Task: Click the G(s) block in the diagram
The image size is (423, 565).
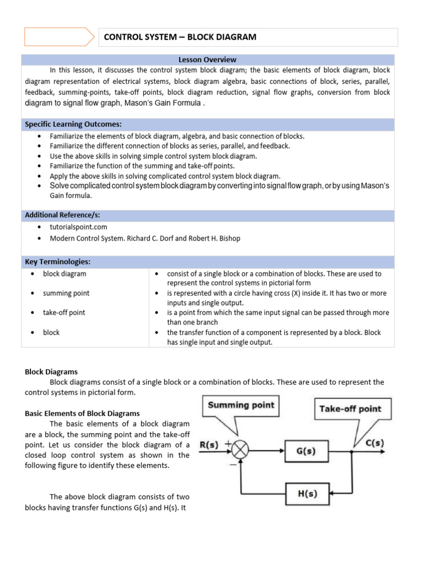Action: click(305, 451)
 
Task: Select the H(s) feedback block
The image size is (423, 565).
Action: click(307, 494)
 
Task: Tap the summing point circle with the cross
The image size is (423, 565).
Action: click(240, 451)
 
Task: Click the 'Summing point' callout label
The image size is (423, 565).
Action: click(240, 406)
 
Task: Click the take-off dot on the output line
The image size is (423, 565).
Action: click(352, 451)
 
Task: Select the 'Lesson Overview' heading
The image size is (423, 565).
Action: click(208, 60)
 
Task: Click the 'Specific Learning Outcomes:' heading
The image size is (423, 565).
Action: click(73, 124)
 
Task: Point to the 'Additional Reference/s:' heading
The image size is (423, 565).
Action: click(62, 214)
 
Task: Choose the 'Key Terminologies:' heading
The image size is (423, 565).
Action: click(57, 261)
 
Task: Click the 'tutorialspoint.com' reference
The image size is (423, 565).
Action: click(78, 227)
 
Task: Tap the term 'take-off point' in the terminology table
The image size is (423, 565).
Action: click(64, 313)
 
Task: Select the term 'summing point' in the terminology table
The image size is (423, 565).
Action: click(66, 293)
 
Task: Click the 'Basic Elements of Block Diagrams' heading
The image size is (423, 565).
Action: click(82, 413)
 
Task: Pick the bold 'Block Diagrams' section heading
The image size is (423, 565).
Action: click(51, 372)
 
